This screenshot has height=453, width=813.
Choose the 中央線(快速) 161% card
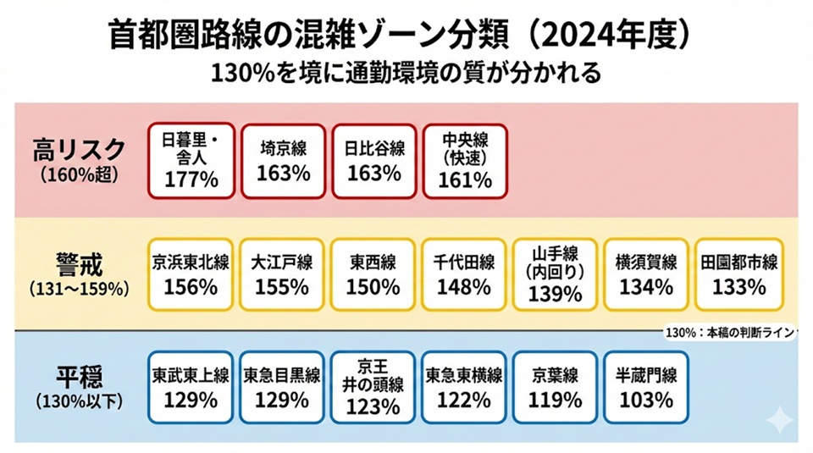(465, 161)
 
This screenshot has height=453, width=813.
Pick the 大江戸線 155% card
(283, 273)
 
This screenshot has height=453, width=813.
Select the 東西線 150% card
(373, 273)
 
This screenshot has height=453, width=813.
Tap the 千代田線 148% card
(465, 273)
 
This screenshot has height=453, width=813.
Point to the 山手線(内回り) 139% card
(556, 273)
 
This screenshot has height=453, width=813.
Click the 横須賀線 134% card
(646, 273)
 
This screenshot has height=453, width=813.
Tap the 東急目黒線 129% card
(283, 387)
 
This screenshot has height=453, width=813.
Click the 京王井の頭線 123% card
(373, 387)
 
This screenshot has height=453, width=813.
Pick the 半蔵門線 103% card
(646, 387)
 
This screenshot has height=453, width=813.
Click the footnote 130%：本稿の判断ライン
(729, 332)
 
